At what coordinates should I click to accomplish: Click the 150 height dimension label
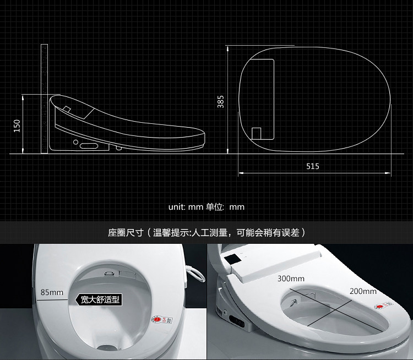coord(17,126)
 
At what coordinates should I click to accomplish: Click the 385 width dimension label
coord(220,102)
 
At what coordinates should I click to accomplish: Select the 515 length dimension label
coord(312,166)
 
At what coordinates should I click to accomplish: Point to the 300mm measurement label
coord(291,279)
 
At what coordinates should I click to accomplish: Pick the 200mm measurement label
coord(363,291)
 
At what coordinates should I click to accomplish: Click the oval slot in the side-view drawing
coord(89,146)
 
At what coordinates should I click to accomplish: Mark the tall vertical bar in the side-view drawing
coord(45,99)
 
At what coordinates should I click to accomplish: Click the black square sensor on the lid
coord(232,257)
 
